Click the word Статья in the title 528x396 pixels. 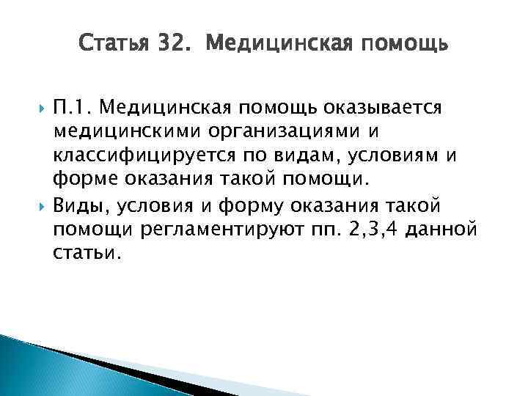[x=112, y=45]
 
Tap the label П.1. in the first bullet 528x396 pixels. [x=73, y=109]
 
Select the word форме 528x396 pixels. [x=80, y=180]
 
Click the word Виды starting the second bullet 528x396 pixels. [x=81, y=205]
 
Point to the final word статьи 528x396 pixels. [x=84, y=253]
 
